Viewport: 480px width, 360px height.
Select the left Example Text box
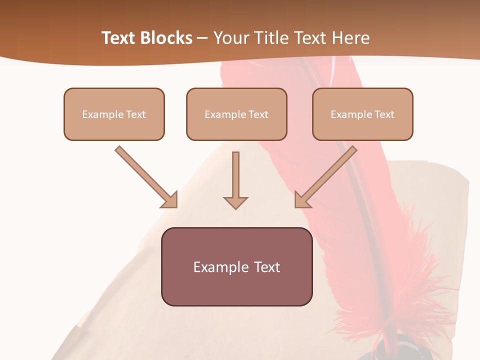click(114, 114)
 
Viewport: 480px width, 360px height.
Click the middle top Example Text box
click(236, 114)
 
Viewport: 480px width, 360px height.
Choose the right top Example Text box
click(362, 114)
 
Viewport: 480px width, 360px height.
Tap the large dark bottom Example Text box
click(236, 266)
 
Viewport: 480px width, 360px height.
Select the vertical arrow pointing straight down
click(235, 177)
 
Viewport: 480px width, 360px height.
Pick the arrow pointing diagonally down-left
click(327, 175)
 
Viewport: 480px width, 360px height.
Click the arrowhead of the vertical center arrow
click(235, 202)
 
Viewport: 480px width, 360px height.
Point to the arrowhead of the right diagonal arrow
click(301, 200)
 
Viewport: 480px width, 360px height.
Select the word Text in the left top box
click(136, 114)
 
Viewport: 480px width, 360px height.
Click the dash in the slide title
click(203, 38)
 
